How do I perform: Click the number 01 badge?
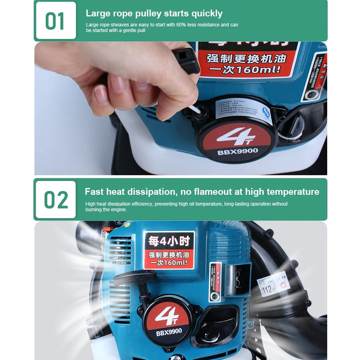[55, 21]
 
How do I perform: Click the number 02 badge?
[56, 200]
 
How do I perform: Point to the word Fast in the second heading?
[94, 192]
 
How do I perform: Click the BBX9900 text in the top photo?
[238, 152]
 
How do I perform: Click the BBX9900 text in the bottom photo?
[169, 331]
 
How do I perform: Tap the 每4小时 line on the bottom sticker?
[168, 241]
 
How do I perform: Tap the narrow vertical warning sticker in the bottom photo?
[215, 282]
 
